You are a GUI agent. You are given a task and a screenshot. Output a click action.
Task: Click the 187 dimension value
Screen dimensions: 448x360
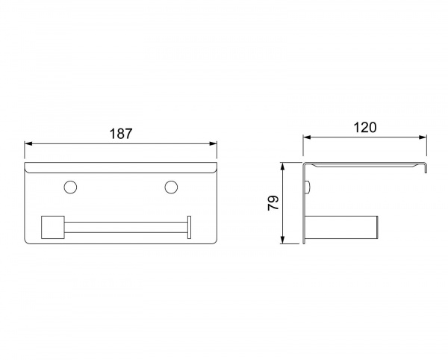click(121, 134)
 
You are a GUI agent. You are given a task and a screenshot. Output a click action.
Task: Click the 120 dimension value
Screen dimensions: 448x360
click(365, 128)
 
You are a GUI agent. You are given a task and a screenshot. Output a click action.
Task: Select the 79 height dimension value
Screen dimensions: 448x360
click(273, 203)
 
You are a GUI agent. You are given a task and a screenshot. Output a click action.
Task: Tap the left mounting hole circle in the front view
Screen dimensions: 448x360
click(70, 187)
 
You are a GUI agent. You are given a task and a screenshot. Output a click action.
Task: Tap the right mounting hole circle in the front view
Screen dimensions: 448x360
click(171, 187)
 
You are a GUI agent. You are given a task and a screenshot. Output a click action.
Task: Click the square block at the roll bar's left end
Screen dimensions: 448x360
click(53, 227)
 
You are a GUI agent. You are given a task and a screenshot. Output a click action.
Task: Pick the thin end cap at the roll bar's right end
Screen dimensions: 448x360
click(189, 227)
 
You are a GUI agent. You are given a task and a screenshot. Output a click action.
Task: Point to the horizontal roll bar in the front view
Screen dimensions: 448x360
click(125, 227)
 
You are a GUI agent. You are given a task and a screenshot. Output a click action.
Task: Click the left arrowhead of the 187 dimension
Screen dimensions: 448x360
click(28, 143)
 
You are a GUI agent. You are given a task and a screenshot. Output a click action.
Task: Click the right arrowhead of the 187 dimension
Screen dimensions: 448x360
click(213, 143)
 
